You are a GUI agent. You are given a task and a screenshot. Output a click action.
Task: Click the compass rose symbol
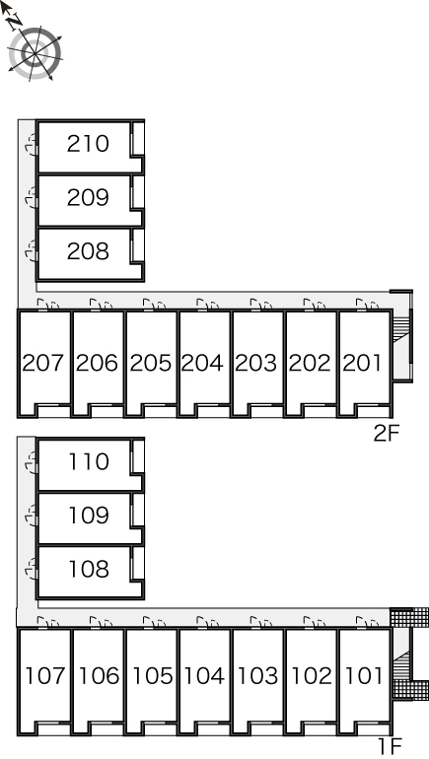coord(36,52)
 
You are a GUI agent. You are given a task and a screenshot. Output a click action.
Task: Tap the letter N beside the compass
coord(16,20)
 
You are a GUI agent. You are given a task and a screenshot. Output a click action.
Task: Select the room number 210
coord(88,144)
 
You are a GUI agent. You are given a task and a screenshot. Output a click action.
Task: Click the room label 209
coord(88,197)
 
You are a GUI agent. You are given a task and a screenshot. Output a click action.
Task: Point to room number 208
coord(88,251)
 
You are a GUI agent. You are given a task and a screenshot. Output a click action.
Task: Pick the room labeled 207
coord(43,363)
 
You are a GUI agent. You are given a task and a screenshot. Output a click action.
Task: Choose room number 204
coord(202,363)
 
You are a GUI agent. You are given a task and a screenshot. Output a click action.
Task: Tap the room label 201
coord(363,363)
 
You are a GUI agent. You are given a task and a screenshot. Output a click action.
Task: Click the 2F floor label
coord(386,434)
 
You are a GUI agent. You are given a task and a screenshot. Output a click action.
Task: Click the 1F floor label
coord(389,746)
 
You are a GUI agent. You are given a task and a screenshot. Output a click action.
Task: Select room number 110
coord(88,461)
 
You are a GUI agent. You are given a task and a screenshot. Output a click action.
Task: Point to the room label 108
coord(88,570)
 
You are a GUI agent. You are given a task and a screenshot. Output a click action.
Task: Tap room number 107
coord(44,676)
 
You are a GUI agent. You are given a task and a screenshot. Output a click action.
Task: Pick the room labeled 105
coord(152,676)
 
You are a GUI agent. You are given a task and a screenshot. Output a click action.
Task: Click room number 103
coord(258,676)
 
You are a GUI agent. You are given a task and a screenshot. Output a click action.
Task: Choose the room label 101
coord(364,676)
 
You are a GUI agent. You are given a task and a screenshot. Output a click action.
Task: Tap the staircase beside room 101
coord(401,665)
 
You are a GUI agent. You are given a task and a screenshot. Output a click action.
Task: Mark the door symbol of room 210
coord(31,145)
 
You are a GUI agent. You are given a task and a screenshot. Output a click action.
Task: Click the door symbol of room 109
coord(31,516)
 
